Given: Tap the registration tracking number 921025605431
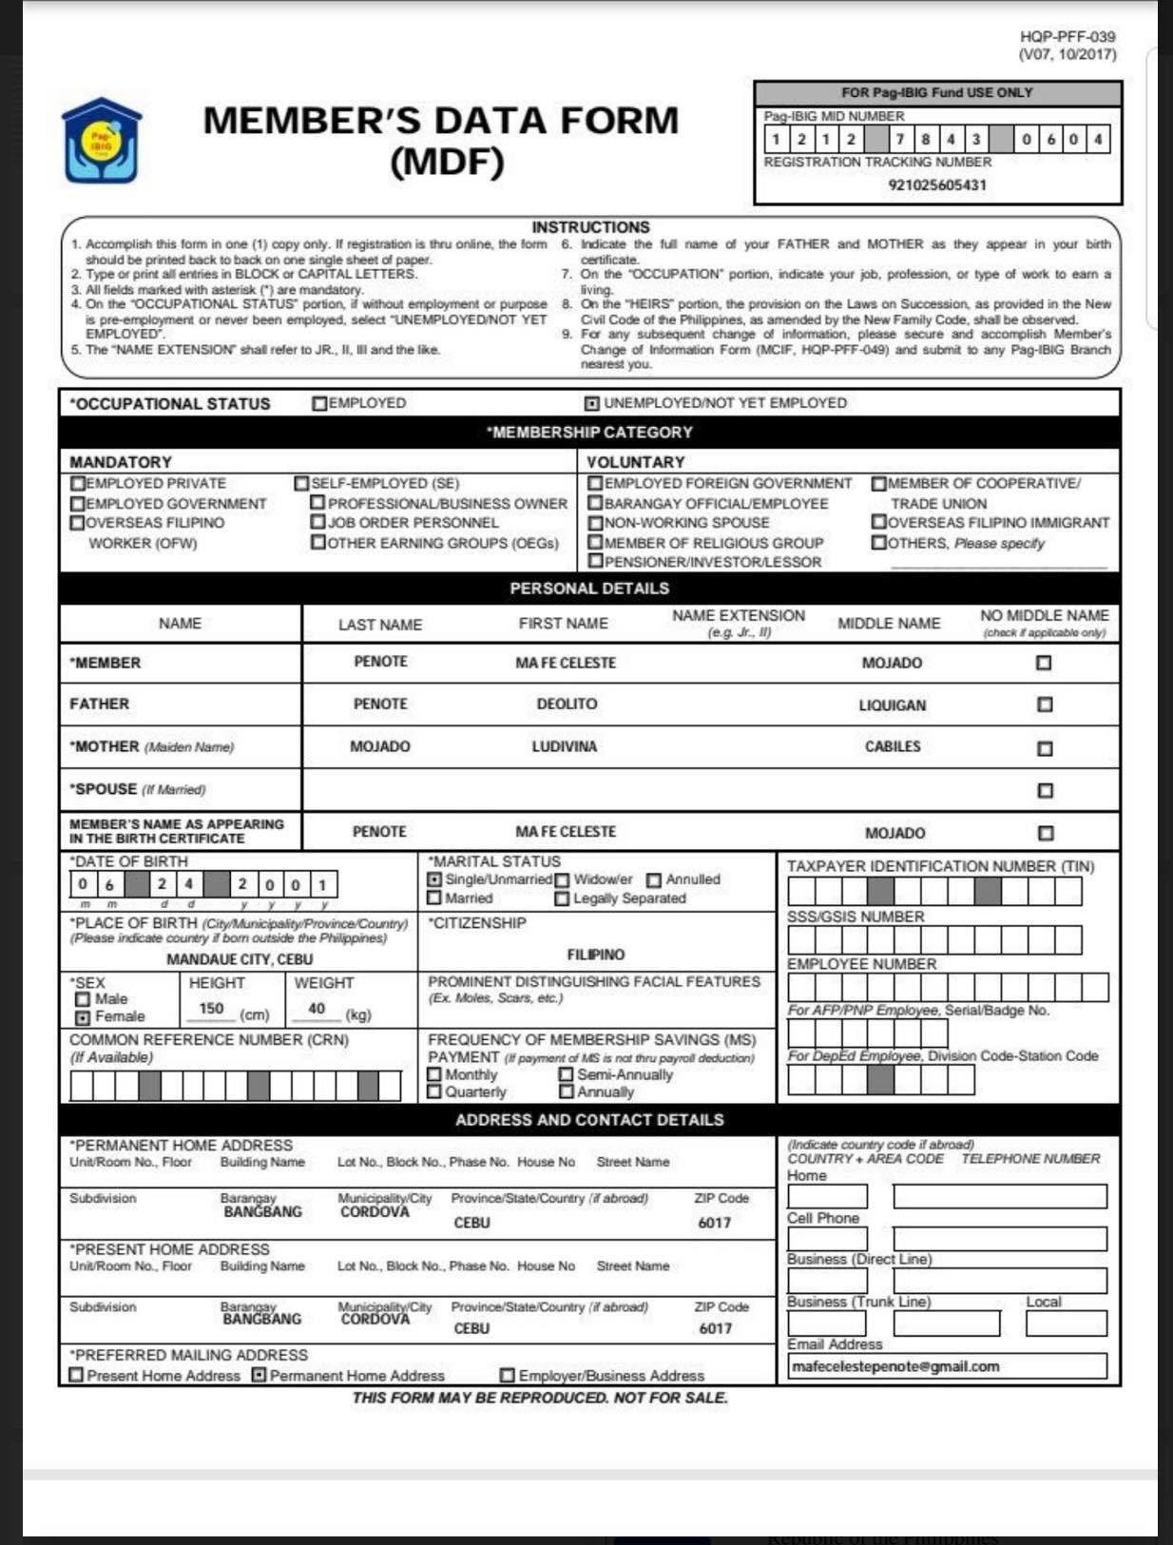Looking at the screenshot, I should coord(937,184).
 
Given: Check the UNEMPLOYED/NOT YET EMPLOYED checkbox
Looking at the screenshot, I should coord(591,404).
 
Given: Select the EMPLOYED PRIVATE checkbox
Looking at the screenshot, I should coord(78,484).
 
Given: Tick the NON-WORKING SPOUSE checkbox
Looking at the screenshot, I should coord(596,523).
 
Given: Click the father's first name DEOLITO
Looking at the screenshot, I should coord(567,705).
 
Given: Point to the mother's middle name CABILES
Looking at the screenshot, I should coord(892,747).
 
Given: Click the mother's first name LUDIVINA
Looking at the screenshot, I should coord(565,747).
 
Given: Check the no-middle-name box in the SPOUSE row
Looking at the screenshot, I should coord(1046,790).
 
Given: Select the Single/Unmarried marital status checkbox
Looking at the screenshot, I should coord(434,880).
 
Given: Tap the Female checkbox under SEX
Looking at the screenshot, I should coord(83,1017).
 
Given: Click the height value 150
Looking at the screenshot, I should coord(211,1009).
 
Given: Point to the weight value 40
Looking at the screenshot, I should coord(317,1009).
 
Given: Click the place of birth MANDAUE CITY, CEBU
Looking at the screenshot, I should coord(240,959).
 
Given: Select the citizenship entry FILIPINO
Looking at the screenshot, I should coord(596,955).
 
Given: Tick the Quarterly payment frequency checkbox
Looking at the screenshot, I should coord(434,1092).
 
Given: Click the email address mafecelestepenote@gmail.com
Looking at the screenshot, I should coord(895,1366).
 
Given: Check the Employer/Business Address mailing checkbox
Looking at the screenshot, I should coord(508,1376).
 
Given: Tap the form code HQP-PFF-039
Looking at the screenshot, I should coord(1067,37).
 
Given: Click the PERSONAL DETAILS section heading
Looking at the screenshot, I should coord(589,589).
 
